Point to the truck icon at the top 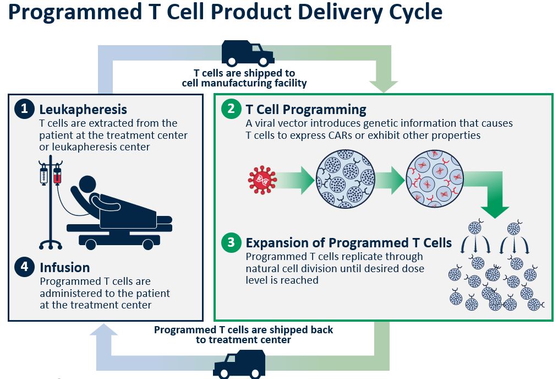(x=248, y=53)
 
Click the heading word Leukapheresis (x=83, y=110)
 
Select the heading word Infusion (x=65, y=268)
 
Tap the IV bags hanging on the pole (x=51, y=175)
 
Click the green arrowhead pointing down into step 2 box (x=384, y=86)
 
